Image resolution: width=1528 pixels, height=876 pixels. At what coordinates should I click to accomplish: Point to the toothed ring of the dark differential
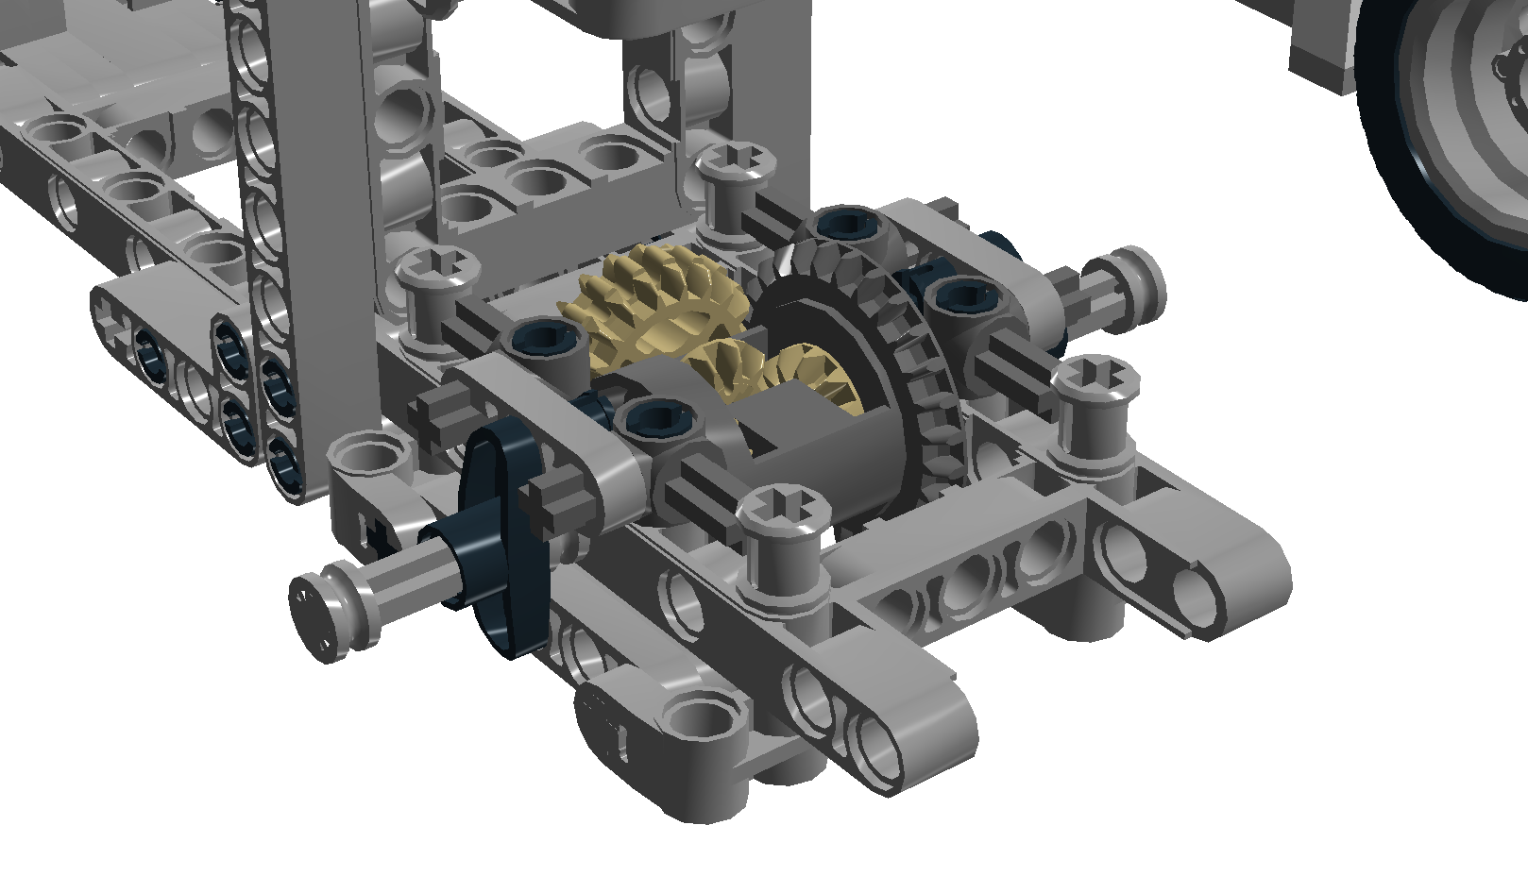pyautogui.click(x=930, y=378)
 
